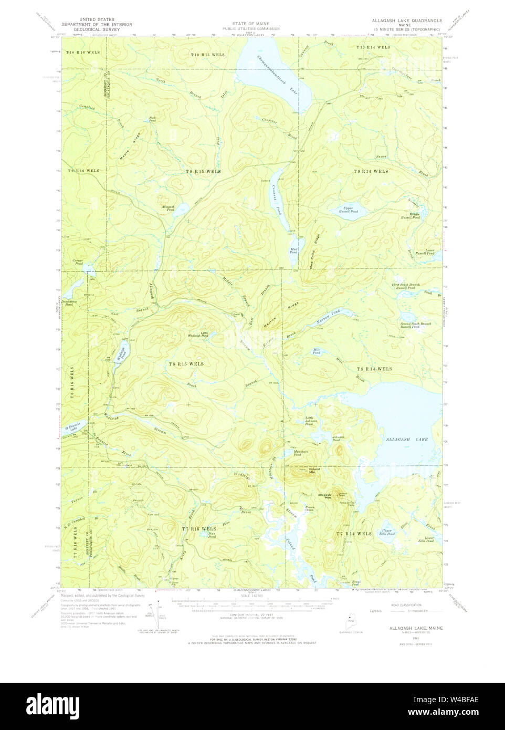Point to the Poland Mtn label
tap(314, 471)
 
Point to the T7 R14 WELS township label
tap(354, 534)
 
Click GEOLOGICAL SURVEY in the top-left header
tap(97, 29)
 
